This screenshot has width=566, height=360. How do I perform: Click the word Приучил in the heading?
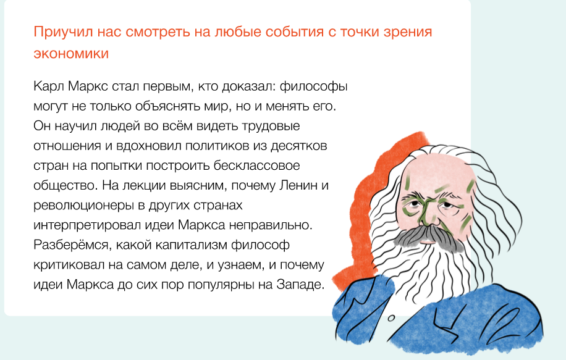point(58,32)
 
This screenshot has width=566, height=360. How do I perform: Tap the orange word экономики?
point(71,54)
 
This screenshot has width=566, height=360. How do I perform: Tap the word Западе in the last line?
point(302,285)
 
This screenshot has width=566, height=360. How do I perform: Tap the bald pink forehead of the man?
point(433,167)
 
